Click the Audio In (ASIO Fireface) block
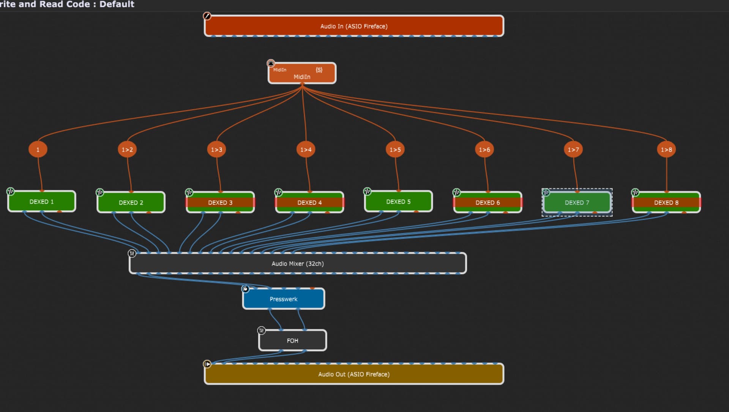point(354,26)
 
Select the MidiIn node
point(302,76)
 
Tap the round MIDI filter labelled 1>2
point(127,149)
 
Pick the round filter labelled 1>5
point(395,149)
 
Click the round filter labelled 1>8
point(666,149)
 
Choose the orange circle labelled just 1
point(38,149)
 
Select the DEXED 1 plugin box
point(42,201)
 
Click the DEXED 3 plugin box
point(220,202)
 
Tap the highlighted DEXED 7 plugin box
point(577,202)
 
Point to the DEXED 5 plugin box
point(398,201)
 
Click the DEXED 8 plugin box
point(666,202)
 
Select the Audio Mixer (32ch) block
point(298,263)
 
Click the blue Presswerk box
point(284,299)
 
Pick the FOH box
point(292,341)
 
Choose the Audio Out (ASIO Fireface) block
point(354,374)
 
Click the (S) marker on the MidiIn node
point(319,70)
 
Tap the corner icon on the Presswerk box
point(246,289)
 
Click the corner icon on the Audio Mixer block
point(132,253)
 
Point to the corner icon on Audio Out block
point(207,364)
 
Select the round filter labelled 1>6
point(484,149)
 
